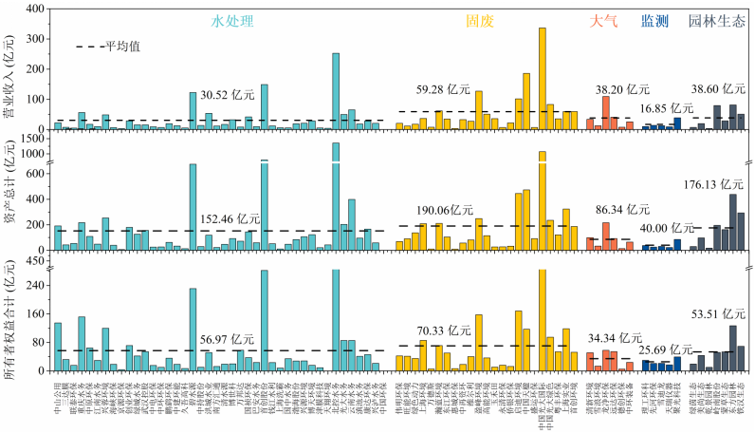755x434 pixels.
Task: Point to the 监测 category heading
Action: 654,19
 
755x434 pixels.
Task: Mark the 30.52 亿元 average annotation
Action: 228,95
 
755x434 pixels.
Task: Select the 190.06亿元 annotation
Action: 444,209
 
